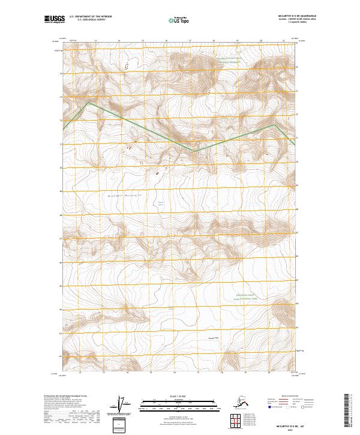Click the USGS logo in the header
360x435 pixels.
click(x=53, y=20)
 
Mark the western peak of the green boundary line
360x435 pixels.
click(x=89, y=103)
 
